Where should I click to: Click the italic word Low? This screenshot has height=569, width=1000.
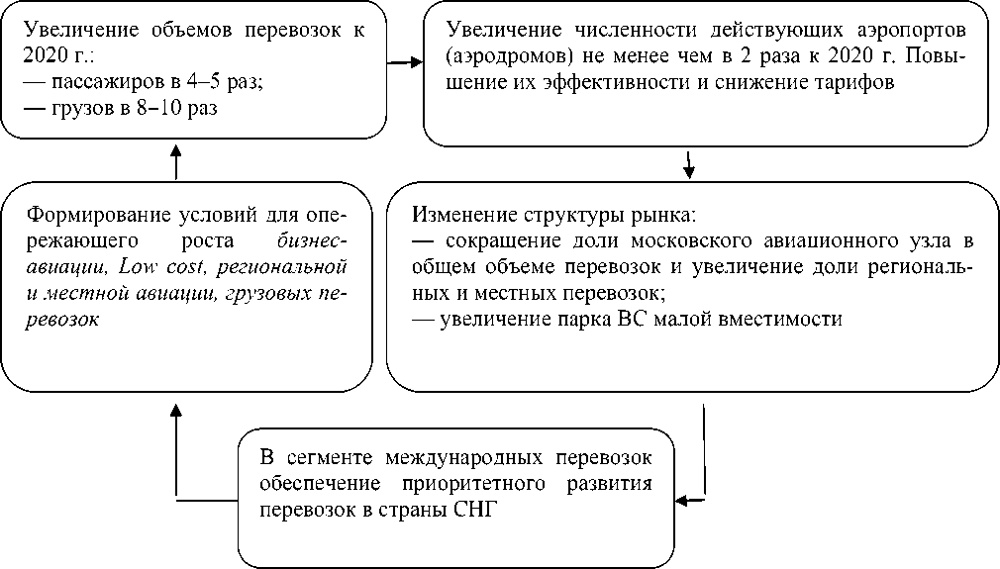[x=135, y=266]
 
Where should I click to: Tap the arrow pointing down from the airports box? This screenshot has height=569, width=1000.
[x=689, y=164]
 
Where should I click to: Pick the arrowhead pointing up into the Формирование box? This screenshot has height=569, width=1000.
[x=175, y=408]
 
